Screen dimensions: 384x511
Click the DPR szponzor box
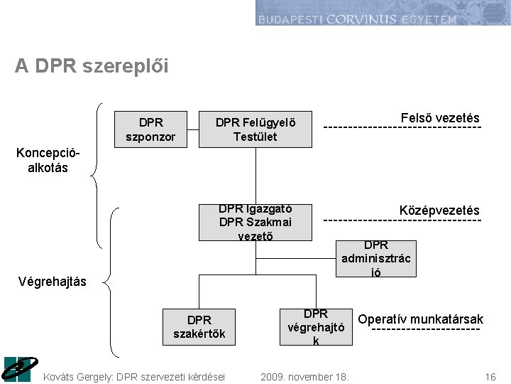click(x=150, y=129)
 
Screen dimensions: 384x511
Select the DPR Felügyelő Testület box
click(x=255, y=129)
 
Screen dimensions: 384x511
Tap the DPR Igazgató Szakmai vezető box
click(x=255, y=222)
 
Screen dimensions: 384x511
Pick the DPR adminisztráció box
click(x=375, y=258)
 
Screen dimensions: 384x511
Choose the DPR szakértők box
click(x=199, y=326)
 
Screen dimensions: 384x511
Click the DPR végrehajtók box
click(x=315, y=326)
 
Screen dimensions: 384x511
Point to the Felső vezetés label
click(x=439, y=118)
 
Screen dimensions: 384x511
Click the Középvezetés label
click(x=439, y=210)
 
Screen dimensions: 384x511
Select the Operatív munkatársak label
click(x=420, y=319)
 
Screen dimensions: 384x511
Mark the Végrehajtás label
click(x=53, y=282)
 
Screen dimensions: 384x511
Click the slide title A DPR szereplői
click(x=92, y=66)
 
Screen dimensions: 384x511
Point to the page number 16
click(x=490, y=376)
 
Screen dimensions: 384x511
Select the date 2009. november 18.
click(x=304, y=376)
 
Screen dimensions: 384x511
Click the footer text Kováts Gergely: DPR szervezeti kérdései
click(x=134, y=376)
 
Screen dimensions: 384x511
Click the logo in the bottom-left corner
click(x=18, y=368)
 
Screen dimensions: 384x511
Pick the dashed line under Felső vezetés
click(x=402, y=128)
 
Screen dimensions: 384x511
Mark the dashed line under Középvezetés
click(x=402, y=221)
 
